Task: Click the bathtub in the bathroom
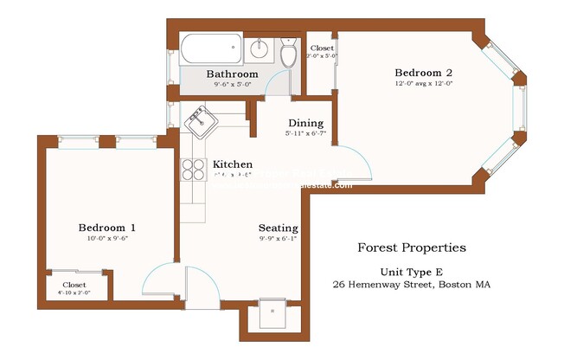pos(210,48)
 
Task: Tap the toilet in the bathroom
pos(288,55)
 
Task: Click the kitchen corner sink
pos(201,121)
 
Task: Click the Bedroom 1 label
pos(106,228)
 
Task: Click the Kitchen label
pos(233,164)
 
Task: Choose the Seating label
pos(279,228)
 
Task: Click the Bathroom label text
pos(232,74)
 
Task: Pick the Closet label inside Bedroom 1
pos(74,284)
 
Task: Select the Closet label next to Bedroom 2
pos(322,48)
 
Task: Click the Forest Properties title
pos(412,247)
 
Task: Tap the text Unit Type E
pos(412,271)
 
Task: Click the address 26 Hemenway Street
pos(412,284)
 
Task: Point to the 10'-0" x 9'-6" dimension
pos(106,239)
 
